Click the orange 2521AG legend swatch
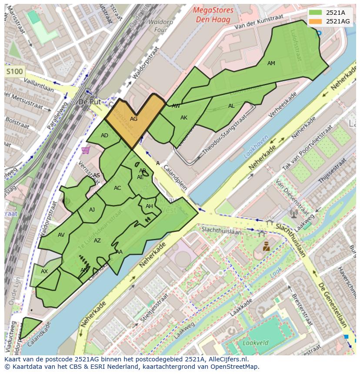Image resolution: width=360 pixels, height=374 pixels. (316, 21)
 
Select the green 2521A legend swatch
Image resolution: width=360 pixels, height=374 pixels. (316, 13)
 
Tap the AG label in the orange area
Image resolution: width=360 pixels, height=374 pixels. (133, 119)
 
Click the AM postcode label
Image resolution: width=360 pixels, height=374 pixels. (271, 63)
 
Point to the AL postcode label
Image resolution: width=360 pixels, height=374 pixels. (231, 106)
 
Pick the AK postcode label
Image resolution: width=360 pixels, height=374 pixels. (184, 118)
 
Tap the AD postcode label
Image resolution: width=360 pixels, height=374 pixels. (104, 136)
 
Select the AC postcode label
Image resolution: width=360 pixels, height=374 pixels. (117, 188)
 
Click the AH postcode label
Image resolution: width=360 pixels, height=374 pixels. (149, 206)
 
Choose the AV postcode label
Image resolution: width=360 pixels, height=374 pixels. (61, 235)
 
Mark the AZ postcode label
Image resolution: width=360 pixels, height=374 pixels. (97, 241)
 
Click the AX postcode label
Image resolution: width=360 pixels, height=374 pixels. (44, 271)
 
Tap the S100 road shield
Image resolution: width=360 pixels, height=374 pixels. (14, 71)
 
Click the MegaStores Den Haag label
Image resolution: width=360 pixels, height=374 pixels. (213, 14)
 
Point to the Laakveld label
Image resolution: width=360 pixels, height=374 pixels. (251, 343)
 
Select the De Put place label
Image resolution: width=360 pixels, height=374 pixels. (90, 102)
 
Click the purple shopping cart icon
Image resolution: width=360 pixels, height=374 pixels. (85, 150)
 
